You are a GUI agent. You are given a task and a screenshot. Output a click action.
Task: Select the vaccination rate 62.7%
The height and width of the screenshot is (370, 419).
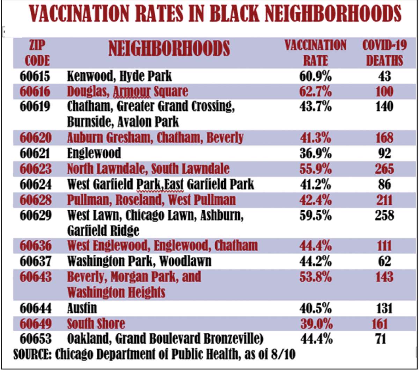(x=315, y=92)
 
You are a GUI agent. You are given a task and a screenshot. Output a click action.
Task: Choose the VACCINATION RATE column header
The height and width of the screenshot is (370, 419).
(x=315, y=53)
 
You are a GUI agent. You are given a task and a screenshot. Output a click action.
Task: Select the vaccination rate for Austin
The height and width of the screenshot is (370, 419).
(x=315, y=309)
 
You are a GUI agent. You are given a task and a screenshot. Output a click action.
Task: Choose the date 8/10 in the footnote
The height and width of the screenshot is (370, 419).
(x=284, y=355)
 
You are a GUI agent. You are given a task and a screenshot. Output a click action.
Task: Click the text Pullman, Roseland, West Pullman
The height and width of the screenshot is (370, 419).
(x=151, y=200)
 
